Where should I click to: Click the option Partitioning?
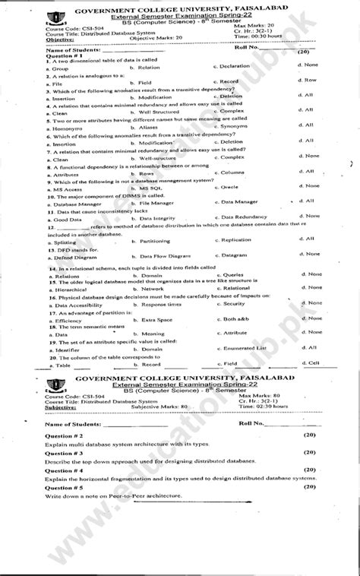[150, 240]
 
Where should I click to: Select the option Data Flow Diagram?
[159, 256]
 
